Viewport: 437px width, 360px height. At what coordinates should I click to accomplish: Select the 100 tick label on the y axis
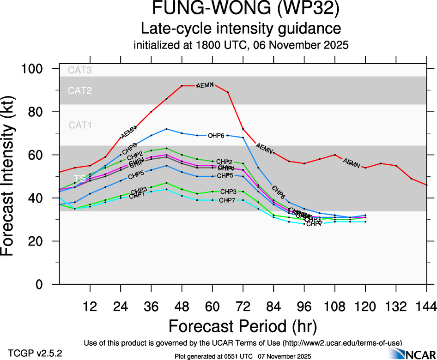pyautogui.click(x=33, y=69)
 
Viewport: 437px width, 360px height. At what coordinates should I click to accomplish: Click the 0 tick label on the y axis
pyautogui.click(x=47, y=284)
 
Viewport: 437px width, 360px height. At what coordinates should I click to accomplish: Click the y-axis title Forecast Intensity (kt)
pyautogui.click(x=11, y=176)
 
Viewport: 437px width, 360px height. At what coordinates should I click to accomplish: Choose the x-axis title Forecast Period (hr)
pyautogui.click(x=243, y=326)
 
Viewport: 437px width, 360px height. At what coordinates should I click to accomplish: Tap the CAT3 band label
pyautogui.click(x=80, y=71)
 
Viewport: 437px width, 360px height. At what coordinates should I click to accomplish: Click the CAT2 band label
pyautogui.click(x=80, y=90)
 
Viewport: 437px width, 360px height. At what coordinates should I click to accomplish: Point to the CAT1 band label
pyautogui.click(x=80, y=125)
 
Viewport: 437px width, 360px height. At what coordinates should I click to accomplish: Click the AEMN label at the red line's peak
pyautogui.click(x=205, y=85)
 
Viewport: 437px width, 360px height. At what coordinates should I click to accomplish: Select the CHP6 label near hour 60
pyautogui.click(x=216, y=136)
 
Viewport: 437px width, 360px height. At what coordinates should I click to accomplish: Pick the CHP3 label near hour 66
pyautogui.click(x=228, y=192)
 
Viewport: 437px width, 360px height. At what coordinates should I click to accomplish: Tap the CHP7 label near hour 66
pyautogui.click(x=227, y=200)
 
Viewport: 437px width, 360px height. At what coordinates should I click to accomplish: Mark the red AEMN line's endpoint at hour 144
pyautogui.click(x=426, y=185)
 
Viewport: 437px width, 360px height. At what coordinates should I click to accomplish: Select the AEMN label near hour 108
pyautogui.click(x=351, y=163)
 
